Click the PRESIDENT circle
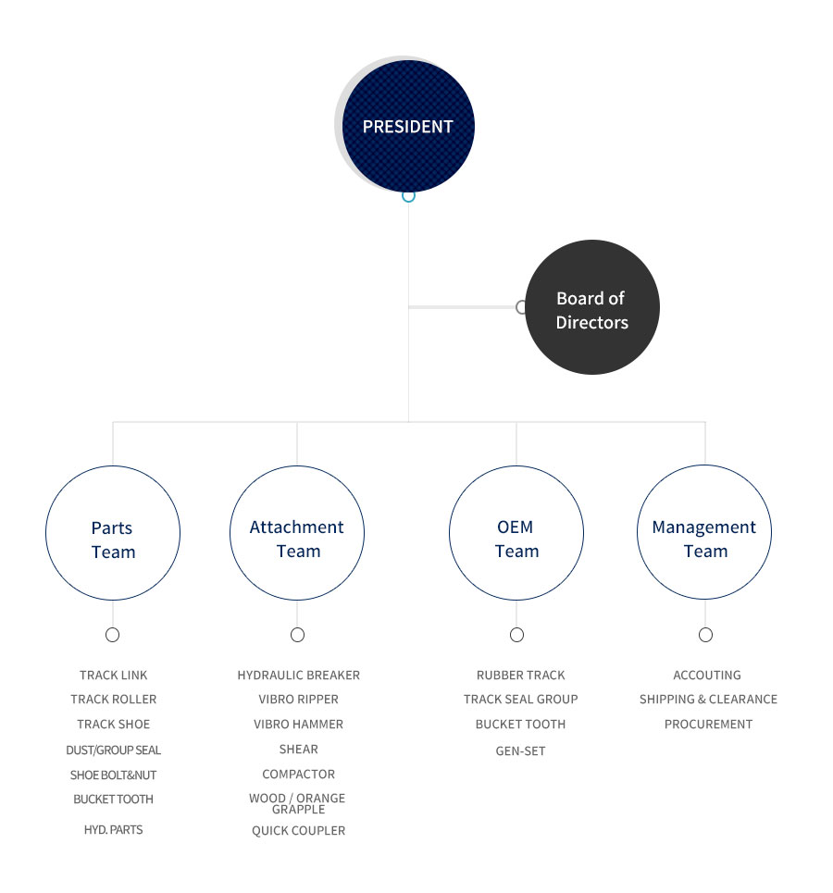pyautogui.click(x=408, y=126)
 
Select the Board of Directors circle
pyautogui.click(x=592, y=307)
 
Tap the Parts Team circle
pyautogui.click(x=113, y=532)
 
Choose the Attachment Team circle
pyautogui.click(x=297, y=532)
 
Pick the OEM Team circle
pyautogui.click(x=516, y=532)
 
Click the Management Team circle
pyautogui.click(x=704, y=532)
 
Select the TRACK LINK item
pyautogui.click(x=114, y=675)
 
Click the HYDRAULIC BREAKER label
pyautogui.click(x=299, y=675)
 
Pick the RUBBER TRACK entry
pyautogui.click(x=521, y=675)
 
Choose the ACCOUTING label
pyautogui.click(x=707, y=675)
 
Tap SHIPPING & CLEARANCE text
pyautogui.click(x=708, y=699)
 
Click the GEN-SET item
pyautogui.click(x=521, y=750)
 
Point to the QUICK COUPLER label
pyautogui.click(x=299, y=830)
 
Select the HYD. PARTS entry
pyautogui.click(x=114, y=830)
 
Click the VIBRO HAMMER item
pyautogui.click(x=299, y=724)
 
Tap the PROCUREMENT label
pyautogui.click(x=708, y=724)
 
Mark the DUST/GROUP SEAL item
pyautogui.click(x=114, y=750)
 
